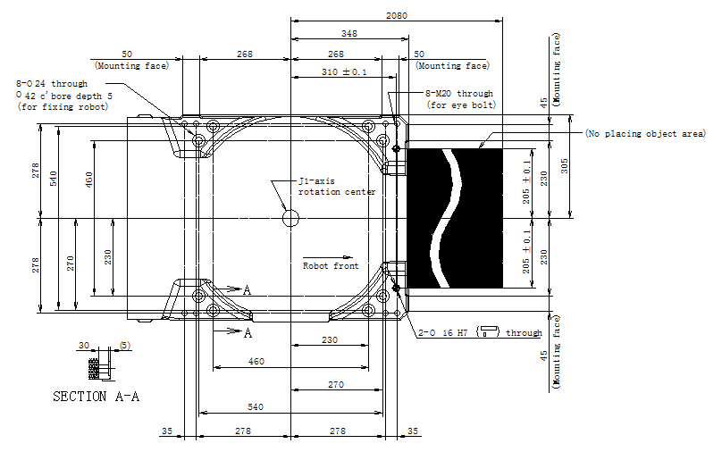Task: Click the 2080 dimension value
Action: coord(397,16)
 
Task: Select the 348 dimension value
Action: coord(349,34)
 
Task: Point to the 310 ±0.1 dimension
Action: coord(344,71)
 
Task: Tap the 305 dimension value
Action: coord(565,166)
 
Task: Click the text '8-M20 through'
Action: coord(459,94)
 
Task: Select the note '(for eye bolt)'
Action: coord(461,105)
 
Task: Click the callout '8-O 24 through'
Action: coord(52,84)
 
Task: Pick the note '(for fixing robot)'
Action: coord(63,107)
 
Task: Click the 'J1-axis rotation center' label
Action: coord(337,187)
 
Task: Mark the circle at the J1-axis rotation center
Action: coord(290,218)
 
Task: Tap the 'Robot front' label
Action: coord(331,266)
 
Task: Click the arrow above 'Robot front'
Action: coord(328,257)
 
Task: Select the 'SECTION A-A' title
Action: coord(96,397)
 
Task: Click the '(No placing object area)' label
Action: coord(645,133)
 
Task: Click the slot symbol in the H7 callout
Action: coord(488,331)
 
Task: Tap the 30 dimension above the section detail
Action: coord(84,345)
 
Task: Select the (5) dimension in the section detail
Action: coord(125,345)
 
